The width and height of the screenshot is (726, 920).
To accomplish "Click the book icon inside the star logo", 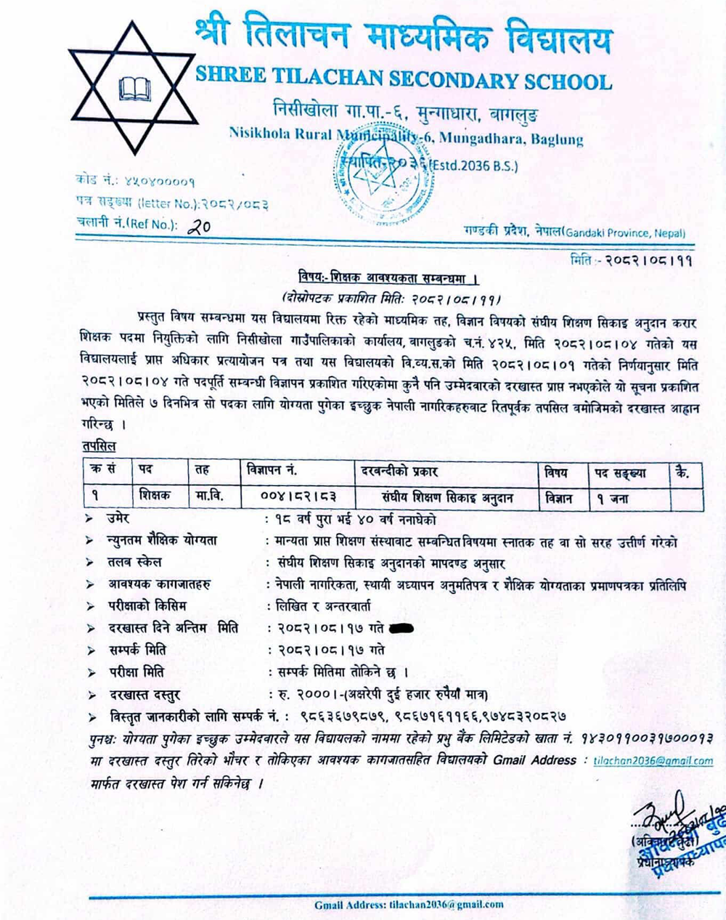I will pyautogui.click(x=135, y=89).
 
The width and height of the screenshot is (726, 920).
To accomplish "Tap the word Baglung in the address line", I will pyautogui.click(x=557, y=139).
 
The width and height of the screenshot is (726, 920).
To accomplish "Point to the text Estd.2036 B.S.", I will pyautogui.click(x=475, y=166).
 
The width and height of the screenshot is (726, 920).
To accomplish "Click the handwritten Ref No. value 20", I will pyautogui.click(x=198, y=227).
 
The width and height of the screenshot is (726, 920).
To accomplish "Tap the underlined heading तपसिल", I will pyautogui.click(x=99, y=446).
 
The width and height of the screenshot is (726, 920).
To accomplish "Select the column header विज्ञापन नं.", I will pyautogui.click(x=270, y=471).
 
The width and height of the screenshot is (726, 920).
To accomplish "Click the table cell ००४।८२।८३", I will pyautogui.click(x=298, y=497).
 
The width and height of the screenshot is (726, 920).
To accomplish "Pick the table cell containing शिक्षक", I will pyautogui.click(x=154, y=497).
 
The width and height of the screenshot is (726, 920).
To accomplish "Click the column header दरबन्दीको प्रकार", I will pyautogui.click(x=399, y=471).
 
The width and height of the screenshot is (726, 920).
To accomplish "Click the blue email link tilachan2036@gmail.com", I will pyautogui.click(x=653, y=761).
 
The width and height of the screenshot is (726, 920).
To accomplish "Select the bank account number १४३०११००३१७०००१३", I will pyautogui.click(x=647, y=738).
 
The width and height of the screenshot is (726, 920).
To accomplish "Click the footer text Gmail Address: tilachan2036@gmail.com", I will pyautogui.click(x=409, y=905).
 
